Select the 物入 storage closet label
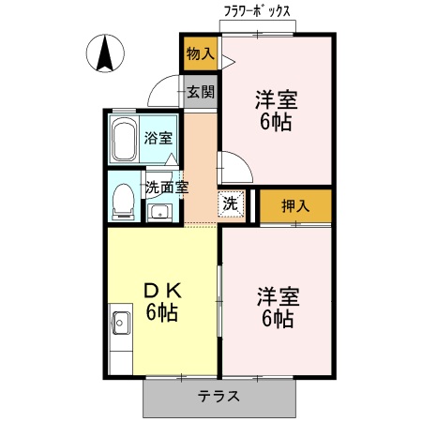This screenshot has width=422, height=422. click(x=200, y=54)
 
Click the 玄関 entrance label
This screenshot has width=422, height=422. click(x=200, y=92)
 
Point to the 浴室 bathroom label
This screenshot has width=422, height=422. click(x=158, y=139)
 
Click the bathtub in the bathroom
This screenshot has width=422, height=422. click(x=124, y=141)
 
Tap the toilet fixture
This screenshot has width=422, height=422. click(x=121, y=198)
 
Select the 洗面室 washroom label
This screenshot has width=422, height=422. click(x=166, y=186)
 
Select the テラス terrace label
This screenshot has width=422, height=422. click(x=219, y=396)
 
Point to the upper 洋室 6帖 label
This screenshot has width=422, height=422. click(x=277, y=111)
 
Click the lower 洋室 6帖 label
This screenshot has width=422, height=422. click(x=277, y=308)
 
